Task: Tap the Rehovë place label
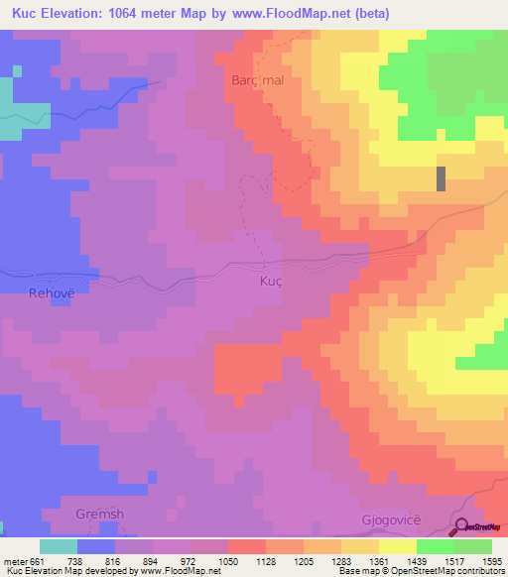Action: point(53,293)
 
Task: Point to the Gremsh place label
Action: point(99,515)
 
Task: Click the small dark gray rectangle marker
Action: point(441,178)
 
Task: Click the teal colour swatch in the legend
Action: point(59,546)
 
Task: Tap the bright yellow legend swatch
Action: point(397,546)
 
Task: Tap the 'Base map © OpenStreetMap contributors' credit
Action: point(422,570)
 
